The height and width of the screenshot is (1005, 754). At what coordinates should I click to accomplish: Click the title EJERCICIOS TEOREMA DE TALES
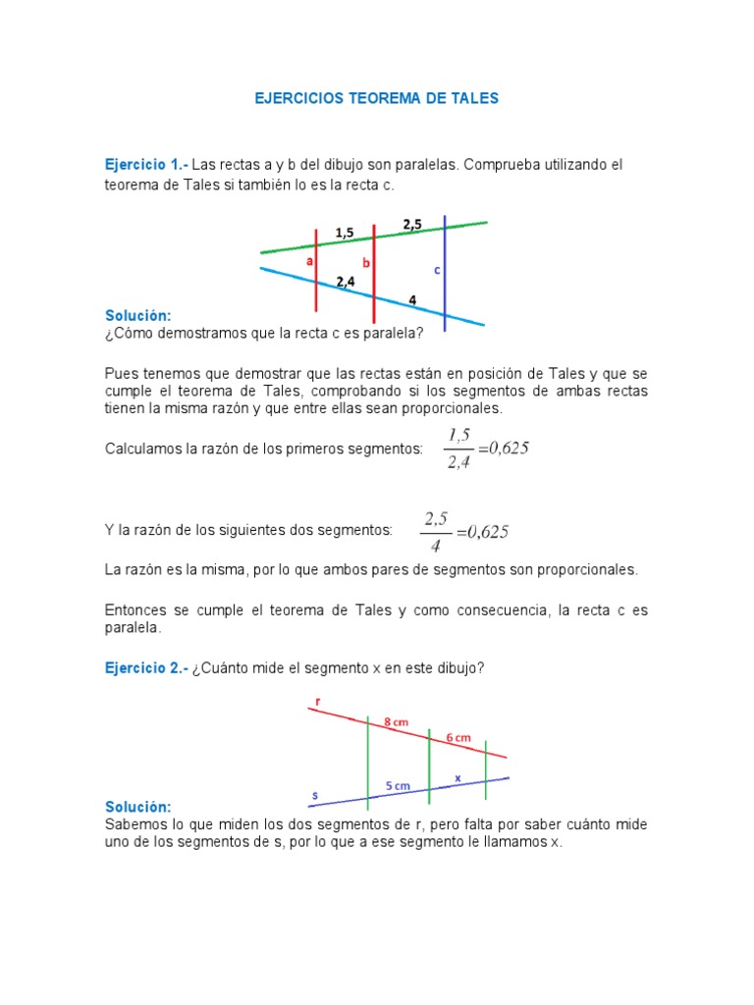[x=376, y=98]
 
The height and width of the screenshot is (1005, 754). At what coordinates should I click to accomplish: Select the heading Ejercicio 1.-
[x=145, y=164]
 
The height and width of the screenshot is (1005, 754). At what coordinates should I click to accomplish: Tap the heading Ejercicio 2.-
[x=145, y=667]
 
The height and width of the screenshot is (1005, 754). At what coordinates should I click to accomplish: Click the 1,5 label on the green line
[x=345, y=233]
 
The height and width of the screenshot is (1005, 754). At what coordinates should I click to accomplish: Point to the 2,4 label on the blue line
[x=346, y=282]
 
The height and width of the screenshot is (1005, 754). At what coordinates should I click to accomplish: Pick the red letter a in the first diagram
[x=309, y=261]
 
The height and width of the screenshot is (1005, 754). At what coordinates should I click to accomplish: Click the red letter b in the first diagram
[x=366, y=263]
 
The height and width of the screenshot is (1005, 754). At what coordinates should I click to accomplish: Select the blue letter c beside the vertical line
[x=436, y=269]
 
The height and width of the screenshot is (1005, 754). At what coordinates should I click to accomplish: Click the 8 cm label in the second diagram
[x=396, y=722]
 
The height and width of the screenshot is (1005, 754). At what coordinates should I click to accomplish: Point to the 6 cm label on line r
[x=458, y=737]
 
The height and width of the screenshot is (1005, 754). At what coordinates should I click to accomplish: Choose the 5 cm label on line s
[x=398, y=786]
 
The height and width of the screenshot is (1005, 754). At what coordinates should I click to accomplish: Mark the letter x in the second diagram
[x=458, y=778]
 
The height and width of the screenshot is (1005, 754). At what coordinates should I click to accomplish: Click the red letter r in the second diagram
[x=318, y=701]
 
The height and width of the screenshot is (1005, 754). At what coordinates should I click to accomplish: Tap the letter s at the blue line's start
[x=315, y=795]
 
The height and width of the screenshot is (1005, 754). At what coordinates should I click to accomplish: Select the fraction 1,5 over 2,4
[x=458, y=449]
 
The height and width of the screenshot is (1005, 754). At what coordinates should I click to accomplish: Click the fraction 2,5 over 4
[x=436, y=531]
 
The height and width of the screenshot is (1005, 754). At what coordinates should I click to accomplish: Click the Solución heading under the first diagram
[x=138, y=315]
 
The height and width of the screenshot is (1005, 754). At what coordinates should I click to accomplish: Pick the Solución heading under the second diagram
[x=137, y=806]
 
